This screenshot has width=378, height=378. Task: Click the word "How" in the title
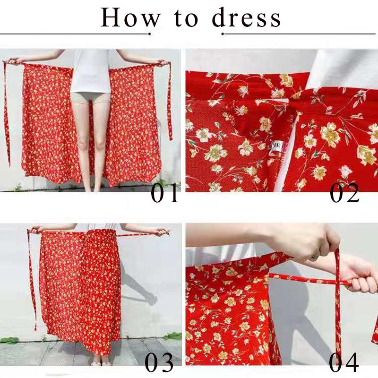click(x=130, y=17)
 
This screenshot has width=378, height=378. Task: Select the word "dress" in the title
click(x=246, y=17)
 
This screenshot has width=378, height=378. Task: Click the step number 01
click(x=165, y=193)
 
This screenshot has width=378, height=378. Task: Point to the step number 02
click(x=344, y=193)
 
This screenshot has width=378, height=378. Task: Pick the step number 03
click(x=159, y=362)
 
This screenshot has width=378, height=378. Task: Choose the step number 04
click(x=344, y=362)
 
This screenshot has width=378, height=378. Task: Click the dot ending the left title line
click(x=149, y=34)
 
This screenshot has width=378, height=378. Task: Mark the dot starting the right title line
click(x=223, y=34)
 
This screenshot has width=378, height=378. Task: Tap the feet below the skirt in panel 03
click(x=101, y=362)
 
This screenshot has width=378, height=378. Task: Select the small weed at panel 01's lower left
click(x=17, y=187)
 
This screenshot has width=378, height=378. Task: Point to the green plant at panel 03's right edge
click(x=173, y=336)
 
